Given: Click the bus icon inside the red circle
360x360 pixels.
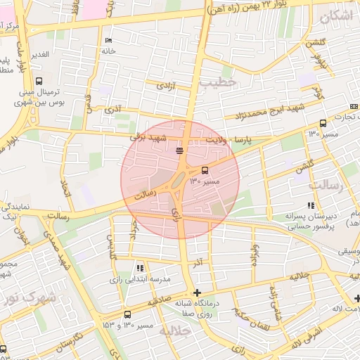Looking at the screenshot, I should coord(205,170).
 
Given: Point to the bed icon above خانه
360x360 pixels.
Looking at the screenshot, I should coord(108,41).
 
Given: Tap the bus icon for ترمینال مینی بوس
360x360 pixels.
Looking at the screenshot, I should coord(38,80).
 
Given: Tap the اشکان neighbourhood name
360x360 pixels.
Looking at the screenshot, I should coord(337,15).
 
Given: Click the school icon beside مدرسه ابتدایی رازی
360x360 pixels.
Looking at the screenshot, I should coord(141,268).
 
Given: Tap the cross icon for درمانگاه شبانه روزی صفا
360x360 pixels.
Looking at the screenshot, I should coord(197,292).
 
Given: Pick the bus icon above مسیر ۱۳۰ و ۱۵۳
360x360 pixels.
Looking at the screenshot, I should coord(127,315).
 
